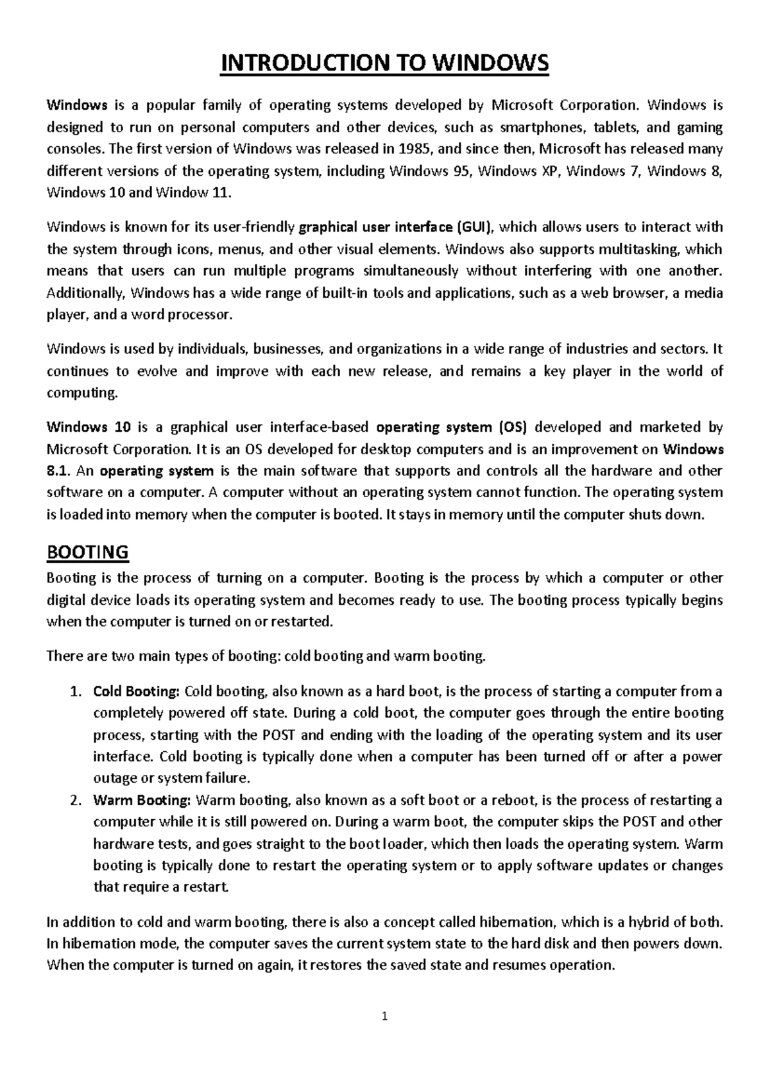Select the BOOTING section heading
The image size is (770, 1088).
(88, 552)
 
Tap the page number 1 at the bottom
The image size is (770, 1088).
(384, 1016)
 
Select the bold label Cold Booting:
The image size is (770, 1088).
(137, 692)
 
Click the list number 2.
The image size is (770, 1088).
(75, 801)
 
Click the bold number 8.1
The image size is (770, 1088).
(57, 471)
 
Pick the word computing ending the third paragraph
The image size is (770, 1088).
(83, 393)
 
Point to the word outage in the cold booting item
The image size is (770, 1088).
(115, 779)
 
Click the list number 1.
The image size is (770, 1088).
(75, 692)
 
